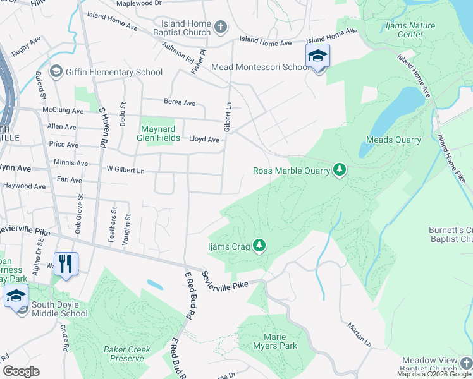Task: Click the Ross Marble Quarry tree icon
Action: pyautogui.click(x=340, y=169)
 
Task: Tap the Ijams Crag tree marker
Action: pyautogui.click(x=259, y=245)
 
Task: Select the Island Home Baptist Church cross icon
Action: pyautogui.click(x=220, y=27)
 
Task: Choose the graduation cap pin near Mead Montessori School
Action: pyautogui.click(x=317, y=56)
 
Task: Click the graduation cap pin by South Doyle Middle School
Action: pyautogui.click(x=16, y=295)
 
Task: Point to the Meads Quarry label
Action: pyautogui.click(x=393, y=140)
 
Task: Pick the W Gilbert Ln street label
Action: pyautogui.click(x=125, y=170)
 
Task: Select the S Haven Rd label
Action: pyautogui.click(x=101, y=127)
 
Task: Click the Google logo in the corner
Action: pyautogui.click(x=21, y=371)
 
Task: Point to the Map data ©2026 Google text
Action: pyautogui.click(x=434, y=374)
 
